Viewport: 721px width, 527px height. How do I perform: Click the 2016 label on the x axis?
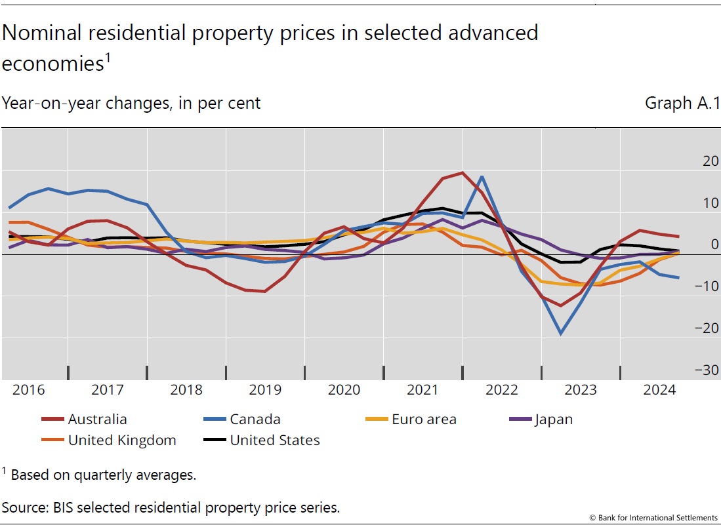(x=28, y=390)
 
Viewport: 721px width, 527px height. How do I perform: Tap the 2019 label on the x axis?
(x=265, y=390)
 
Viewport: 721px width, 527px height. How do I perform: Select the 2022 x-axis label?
(x=502, y=390)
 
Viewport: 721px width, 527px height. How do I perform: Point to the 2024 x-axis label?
(x=659, y=390)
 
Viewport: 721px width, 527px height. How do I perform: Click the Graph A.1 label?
(x=682, y=104)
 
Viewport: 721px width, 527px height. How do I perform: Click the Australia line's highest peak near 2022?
(x=463, y=173)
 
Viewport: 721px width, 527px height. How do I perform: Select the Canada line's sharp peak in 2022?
(x=482, y=176)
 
